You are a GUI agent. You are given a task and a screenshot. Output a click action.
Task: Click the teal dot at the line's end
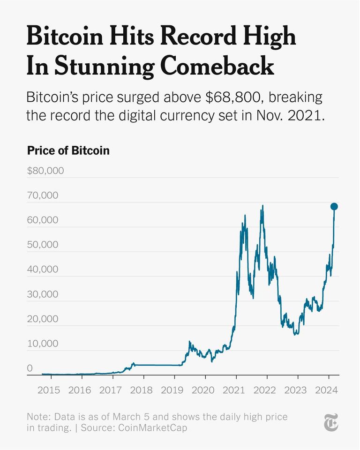[x=334, y=207]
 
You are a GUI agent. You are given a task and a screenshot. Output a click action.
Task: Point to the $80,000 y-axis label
[x=45, y=170]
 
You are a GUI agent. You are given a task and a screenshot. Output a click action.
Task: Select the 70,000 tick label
[x=42, y=195]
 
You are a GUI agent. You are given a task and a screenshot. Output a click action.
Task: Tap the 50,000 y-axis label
[x=42, y=245]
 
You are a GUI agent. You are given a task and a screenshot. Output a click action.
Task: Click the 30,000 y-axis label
[x=42, y=294]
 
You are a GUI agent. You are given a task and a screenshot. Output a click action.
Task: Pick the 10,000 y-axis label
[x=42, y=344]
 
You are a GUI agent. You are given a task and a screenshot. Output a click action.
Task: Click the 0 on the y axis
[x=30, y=368]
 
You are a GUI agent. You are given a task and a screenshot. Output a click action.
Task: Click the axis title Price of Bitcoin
[x=68, y=150]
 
